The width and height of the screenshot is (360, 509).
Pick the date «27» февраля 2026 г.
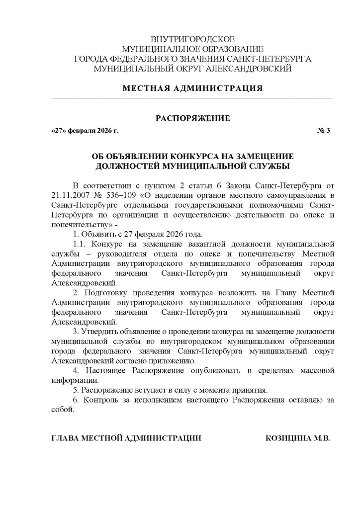tap(85, 131)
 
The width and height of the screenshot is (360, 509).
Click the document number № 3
tap(323, 131)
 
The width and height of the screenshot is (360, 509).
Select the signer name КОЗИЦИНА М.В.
tap(298, 438)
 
